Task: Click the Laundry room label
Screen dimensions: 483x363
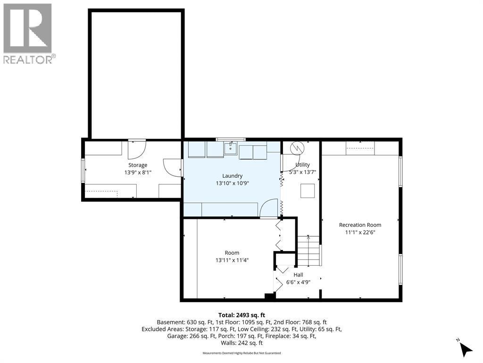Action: [x=232, y=176]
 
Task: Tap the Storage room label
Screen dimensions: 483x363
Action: [x=138, y=165]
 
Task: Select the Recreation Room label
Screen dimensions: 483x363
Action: [x=360, y=225]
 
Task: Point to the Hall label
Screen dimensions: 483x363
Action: [x=298, y=275]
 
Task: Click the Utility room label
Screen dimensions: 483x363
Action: [x=302, y=164]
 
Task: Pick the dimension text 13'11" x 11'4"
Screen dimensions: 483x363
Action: [x=232, y=260]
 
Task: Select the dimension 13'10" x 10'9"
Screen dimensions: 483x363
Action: [x=232, y=183]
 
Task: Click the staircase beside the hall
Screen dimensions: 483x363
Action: [x=308, y=251]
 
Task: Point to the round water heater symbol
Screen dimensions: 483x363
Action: [x=297, y=148]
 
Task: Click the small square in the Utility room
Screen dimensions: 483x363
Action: [x=308, y=190]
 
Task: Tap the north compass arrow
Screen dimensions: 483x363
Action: [x=466, y=349]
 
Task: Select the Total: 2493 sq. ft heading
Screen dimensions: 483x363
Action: [x=241, y=315]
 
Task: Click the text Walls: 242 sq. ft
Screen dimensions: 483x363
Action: [x=241, y=343]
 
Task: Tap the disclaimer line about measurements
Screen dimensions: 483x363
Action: [x=241, y=353]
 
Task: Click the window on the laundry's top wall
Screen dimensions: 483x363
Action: [x=231, y=139]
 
